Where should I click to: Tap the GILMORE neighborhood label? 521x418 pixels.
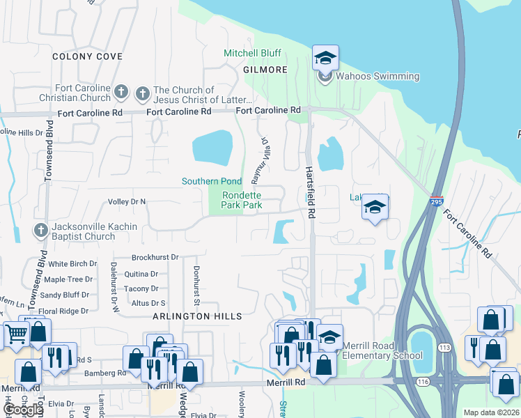[265, 70]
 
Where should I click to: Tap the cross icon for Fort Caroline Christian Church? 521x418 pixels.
[121, 92]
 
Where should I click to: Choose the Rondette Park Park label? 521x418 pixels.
[242, 201]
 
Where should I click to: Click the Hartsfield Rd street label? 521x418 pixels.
[311, 189]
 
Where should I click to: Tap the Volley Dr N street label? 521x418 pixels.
[127, 202]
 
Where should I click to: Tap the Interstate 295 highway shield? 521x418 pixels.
[436, 200]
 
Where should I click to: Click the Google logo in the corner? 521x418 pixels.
[23, 410]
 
